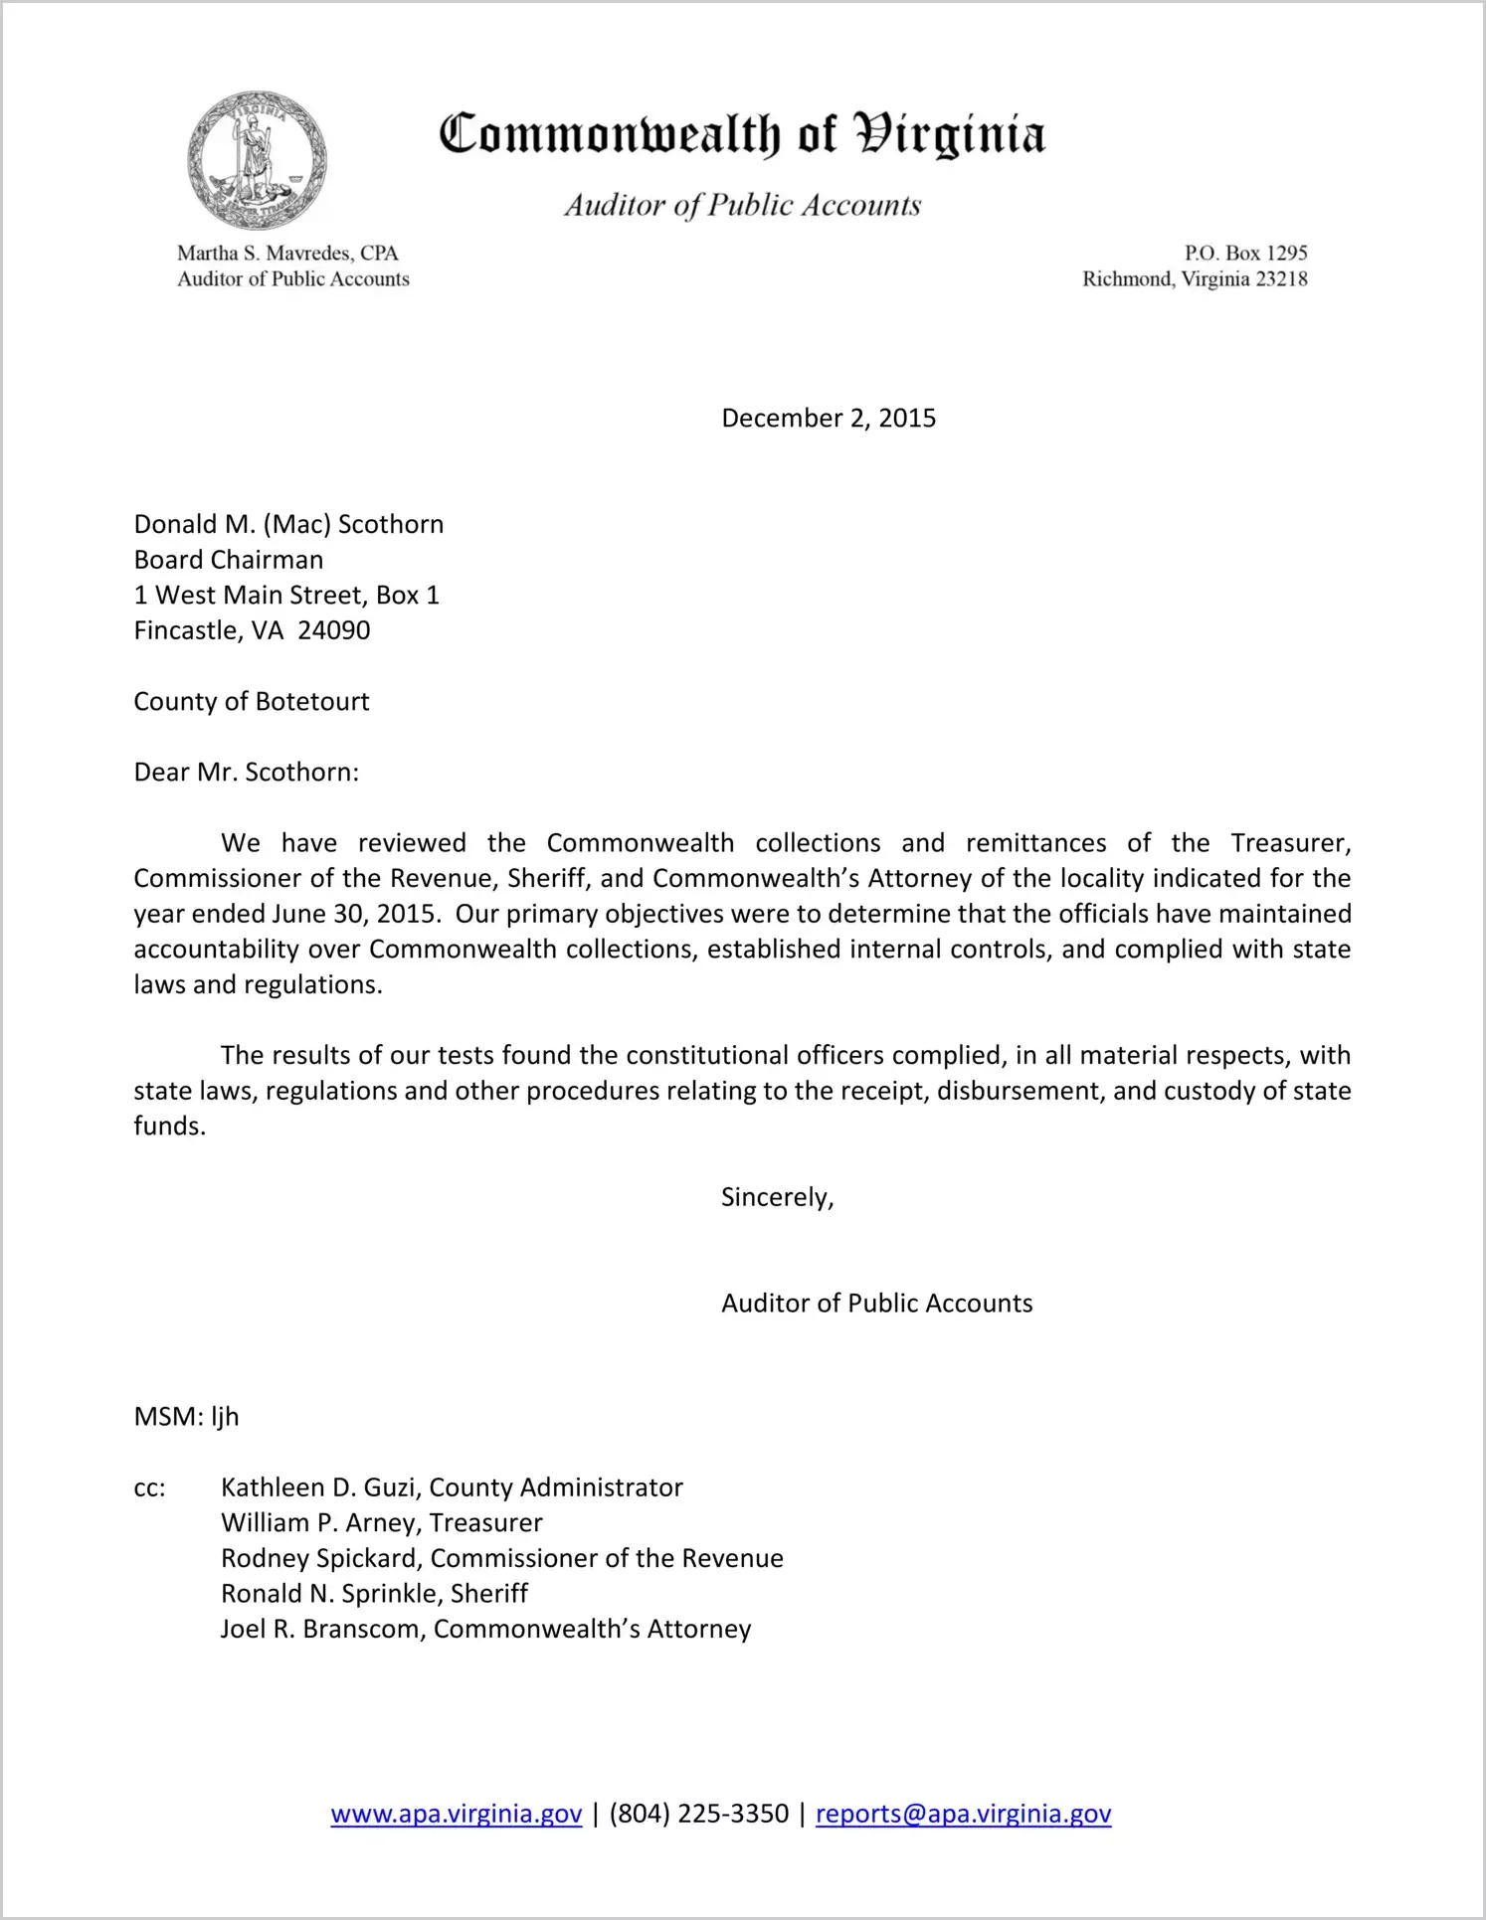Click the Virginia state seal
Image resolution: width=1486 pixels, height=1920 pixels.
pos(257,161)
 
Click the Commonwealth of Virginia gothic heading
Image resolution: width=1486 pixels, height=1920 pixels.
pos(742,135)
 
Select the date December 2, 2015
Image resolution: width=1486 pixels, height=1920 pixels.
pos(829,418)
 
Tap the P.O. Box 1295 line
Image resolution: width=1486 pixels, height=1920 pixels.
pos(1245,253)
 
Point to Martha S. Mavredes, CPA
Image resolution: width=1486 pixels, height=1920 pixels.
pos(287,253)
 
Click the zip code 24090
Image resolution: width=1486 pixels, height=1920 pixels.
pos(334,630)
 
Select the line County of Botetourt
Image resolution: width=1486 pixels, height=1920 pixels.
pos(252,701)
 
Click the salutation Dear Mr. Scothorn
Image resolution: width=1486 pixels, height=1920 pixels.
pos(247,773)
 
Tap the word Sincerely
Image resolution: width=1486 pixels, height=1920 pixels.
pos(777,1197)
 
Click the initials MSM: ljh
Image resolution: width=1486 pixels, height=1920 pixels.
pos(187,1417)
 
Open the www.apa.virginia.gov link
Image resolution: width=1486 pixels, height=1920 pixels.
pos(457,1814)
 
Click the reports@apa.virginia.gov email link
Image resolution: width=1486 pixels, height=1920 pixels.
pos(963,1814)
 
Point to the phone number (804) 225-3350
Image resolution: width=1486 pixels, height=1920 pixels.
pos(698,1814)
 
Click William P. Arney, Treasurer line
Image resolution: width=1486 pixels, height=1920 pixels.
pos(382,1523)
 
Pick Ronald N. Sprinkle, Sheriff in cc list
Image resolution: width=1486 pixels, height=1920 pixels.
pos(374,1594)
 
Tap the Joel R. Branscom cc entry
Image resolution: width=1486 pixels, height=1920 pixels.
pos(485,1630)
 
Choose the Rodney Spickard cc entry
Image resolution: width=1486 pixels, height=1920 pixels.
pos(501,1558)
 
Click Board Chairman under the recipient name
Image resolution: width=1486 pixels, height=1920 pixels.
pos(229,560)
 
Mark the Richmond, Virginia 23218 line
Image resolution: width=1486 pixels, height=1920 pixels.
pos(1195,279)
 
